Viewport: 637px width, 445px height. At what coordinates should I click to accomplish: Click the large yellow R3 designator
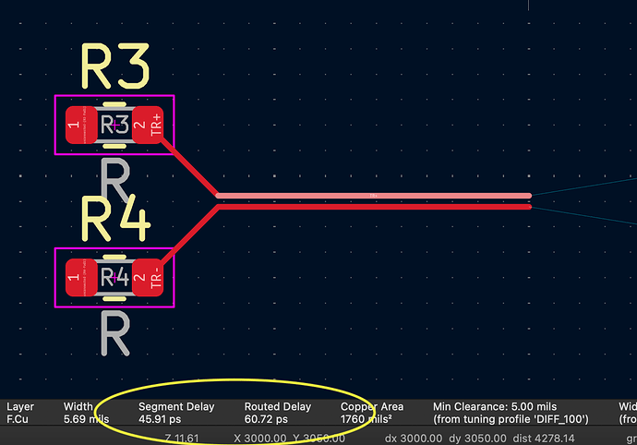click(x=114, y=66)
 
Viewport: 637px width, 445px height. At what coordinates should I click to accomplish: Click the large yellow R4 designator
click(x=114, y=218)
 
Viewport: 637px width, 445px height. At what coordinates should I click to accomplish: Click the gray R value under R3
click(x=114, y=181)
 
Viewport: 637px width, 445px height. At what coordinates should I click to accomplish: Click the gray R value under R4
click(x=114, y=333)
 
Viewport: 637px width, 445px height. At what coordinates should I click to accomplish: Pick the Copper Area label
click(x=372, y=406)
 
